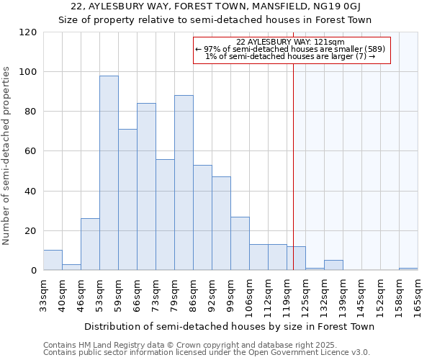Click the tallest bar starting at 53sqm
(109, 173)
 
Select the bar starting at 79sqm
(184, 183)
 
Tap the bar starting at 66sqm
(146, 186)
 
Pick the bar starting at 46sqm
(90, 244)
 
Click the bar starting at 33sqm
(53, 260)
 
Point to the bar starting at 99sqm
(240, 243)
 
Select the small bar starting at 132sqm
(333, 265)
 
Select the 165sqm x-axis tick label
(418, 295)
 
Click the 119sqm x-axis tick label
(287, 295)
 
